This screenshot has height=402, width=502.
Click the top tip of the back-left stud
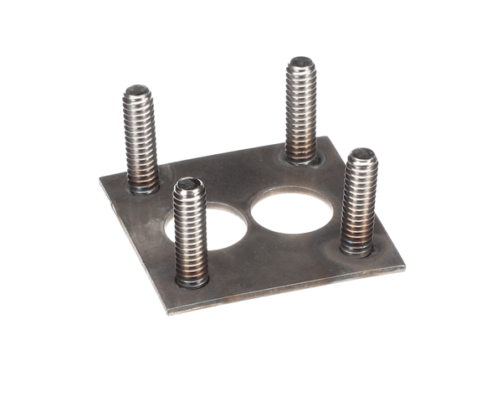(x=139, y=90)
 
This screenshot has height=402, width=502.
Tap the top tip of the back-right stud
(x=301, y=62)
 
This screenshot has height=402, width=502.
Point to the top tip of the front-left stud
(x=189, y=183)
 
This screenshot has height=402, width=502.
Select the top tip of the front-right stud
(x=363, y=154)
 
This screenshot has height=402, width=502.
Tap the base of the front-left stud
(x=192, y=279)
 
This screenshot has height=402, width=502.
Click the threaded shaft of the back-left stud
(x=141, y=138)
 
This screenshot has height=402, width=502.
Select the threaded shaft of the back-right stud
(x=301, y=109)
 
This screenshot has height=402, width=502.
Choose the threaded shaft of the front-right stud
(x=361, y=201)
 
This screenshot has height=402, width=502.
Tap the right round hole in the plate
(x=292, y=210)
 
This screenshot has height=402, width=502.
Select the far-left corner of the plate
(x=100, y=178)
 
